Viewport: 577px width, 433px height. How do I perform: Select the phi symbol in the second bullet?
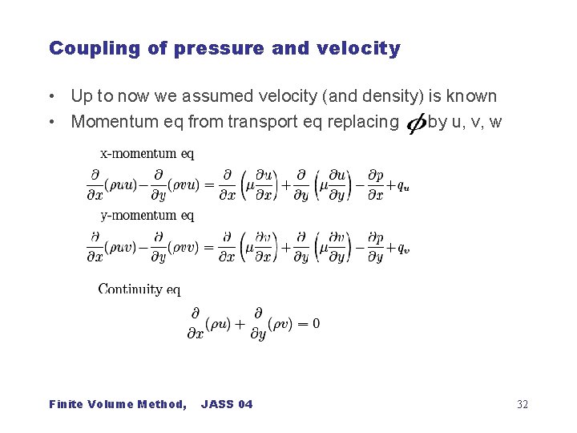[416, 123]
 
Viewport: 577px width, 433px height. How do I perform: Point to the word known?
[471, 97]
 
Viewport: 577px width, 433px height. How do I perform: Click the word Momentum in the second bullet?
[110, 122]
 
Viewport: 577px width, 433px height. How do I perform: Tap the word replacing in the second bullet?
[365, 122]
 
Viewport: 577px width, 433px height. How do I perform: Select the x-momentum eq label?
[147, 152]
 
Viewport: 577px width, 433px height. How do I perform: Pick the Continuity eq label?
[139, 289]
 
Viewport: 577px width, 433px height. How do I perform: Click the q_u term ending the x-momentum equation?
[403, 185]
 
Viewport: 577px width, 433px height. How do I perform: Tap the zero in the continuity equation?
[316, 323]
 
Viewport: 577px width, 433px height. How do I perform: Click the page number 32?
[523, 404]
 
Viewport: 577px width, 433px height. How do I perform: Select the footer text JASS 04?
[227, 404]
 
